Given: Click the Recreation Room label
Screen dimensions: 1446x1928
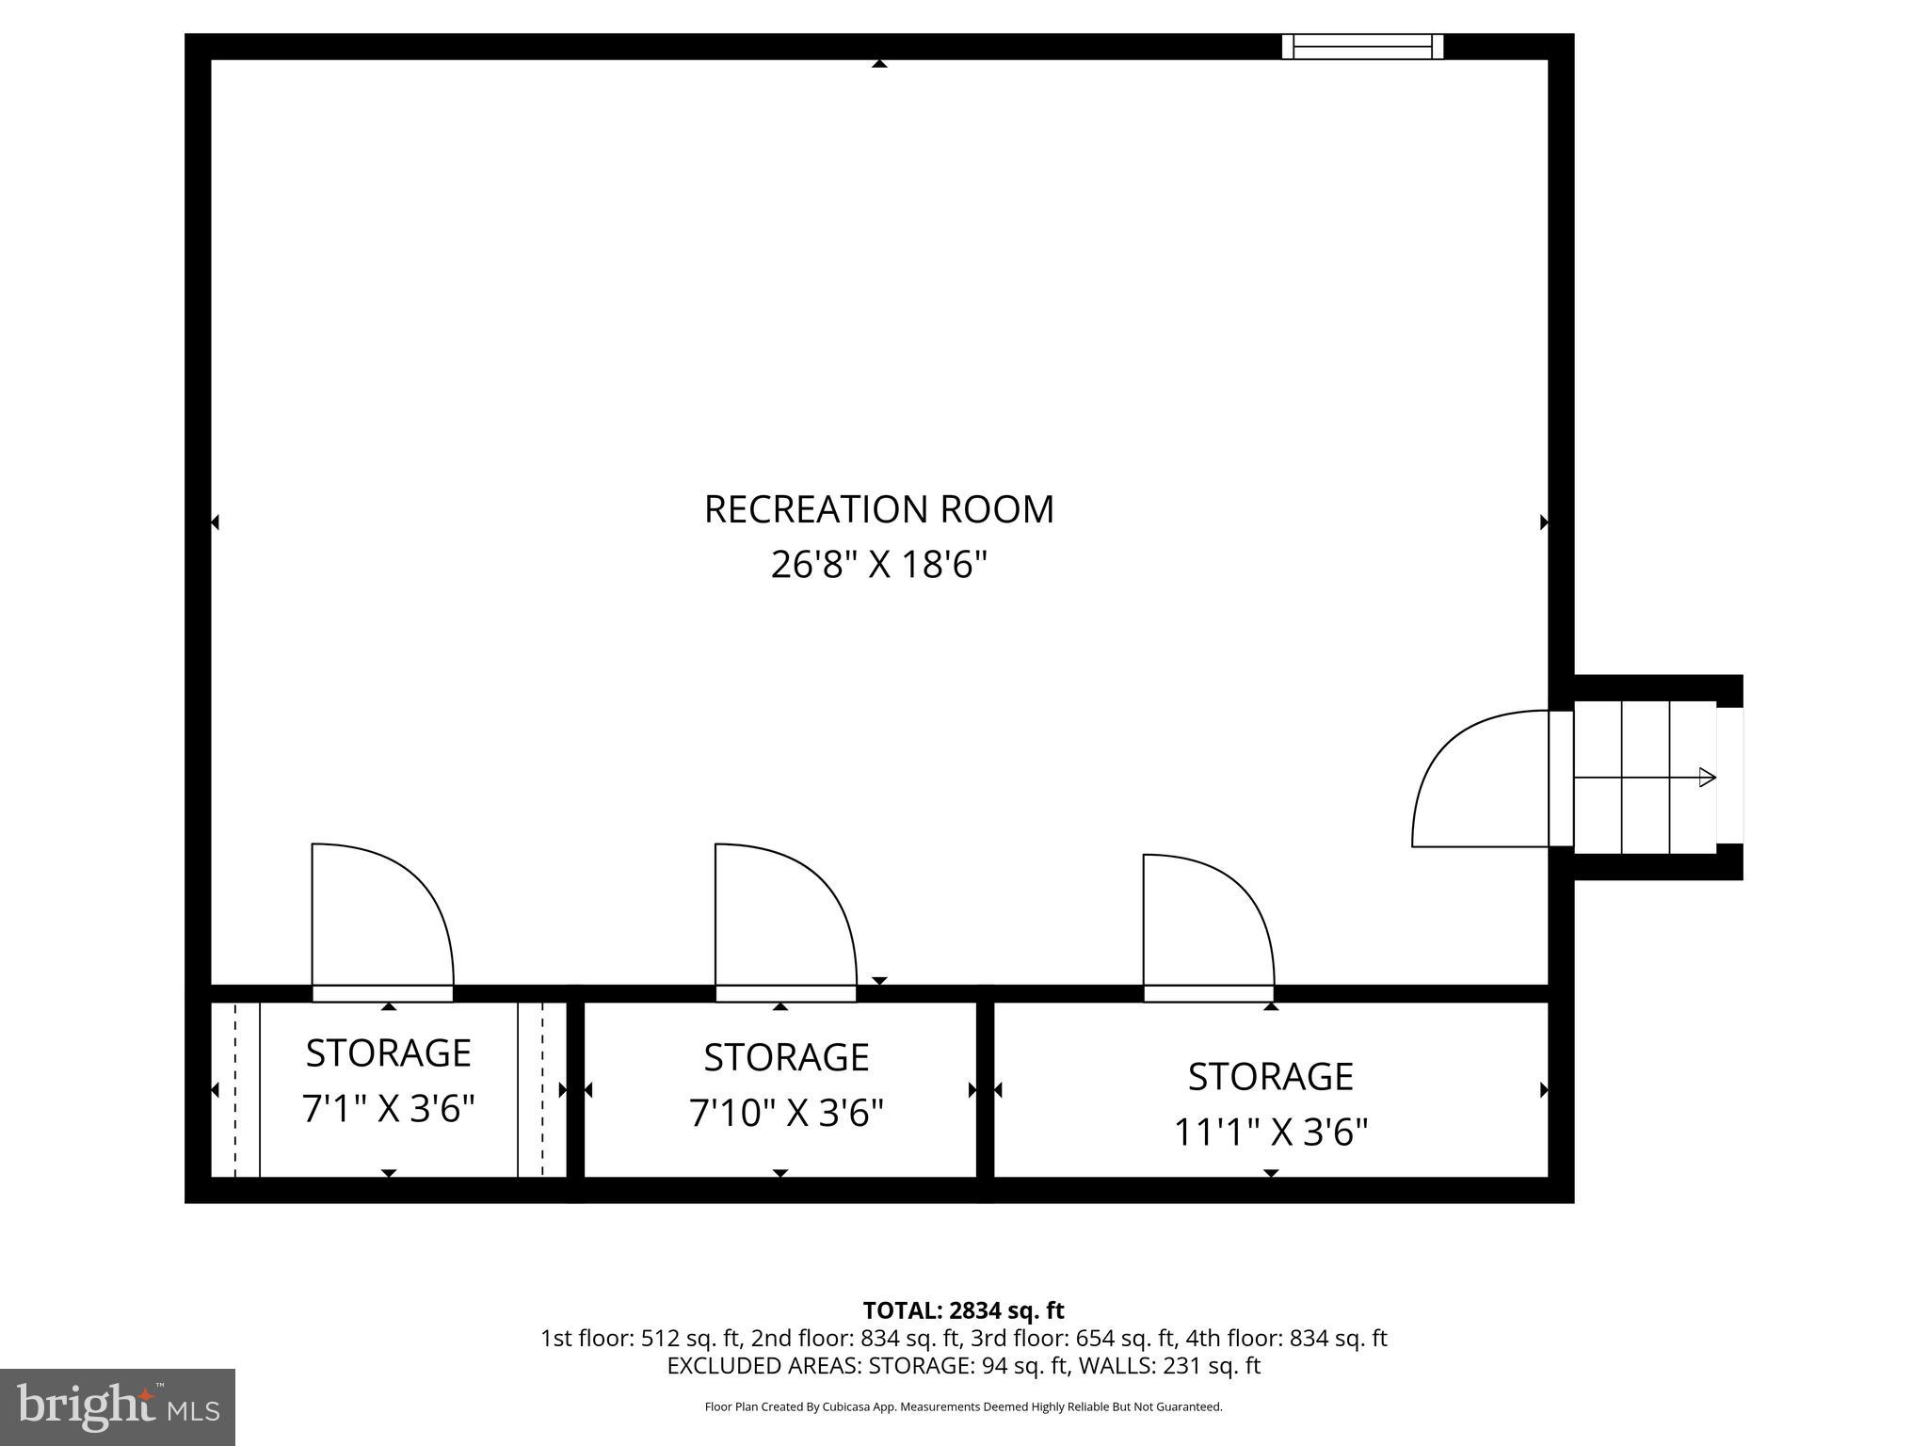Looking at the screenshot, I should coord(878,509).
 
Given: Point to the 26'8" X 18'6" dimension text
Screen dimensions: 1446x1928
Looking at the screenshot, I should coord(878,565).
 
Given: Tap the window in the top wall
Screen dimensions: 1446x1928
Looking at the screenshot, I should coord(1362,46).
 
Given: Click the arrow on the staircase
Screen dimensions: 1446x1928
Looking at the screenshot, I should coord(1706,778).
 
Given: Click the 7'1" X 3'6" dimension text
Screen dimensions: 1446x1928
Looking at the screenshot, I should coord(388,1109).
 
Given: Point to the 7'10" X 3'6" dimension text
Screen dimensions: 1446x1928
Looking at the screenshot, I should coord(786,1114).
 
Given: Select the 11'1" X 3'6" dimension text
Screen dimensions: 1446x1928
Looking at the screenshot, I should coord(1270,1133).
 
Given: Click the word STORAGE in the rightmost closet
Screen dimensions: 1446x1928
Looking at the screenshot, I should coord(1270,1076).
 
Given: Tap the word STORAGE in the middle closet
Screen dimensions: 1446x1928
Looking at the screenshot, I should coord(786,1057).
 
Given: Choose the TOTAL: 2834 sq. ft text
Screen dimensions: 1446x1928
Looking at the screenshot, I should coord(963,1310).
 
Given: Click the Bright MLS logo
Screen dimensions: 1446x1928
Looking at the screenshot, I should coord(118,1406).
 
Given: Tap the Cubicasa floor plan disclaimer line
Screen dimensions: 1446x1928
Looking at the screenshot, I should coord(963,1406).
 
